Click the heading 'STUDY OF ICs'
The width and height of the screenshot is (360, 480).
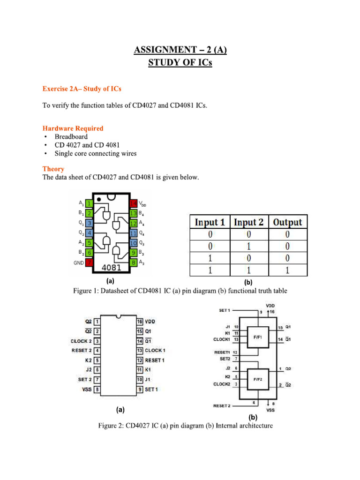click(x=180, y=62)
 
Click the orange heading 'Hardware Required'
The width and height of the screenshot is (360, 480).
click(x=73, y=128)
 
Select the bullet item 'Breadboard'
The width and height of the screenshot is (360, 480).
click(x=71, y=136)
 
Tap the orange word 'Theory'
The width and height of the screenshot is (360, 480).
click(x=53, y=169)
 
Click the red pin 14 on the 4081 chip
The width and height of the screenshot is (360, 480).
click(x=134, y=203)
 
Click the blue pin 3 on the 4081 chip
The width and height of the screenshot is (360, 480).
click(x=89, y=223)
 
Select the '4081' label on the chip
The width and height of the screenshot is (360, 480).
click(x=111, y=268)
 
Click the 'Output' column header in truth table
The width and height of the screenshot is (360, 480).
click(x=287, y=222)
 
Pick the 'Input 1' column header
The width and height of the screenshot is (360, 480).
click(x=210, y=222)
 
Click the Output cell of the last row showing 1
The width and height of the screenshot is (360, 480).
click(x=287, y=270)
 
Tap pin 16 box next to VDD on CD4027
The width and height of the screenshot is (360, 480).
click(x=140, y=322)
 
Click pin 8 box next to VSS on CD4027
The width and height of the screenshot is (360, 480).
click(x=97, y=389)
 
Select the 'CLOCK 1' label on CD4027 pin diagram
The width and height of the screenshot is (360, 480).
click(x=155, y=350)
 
